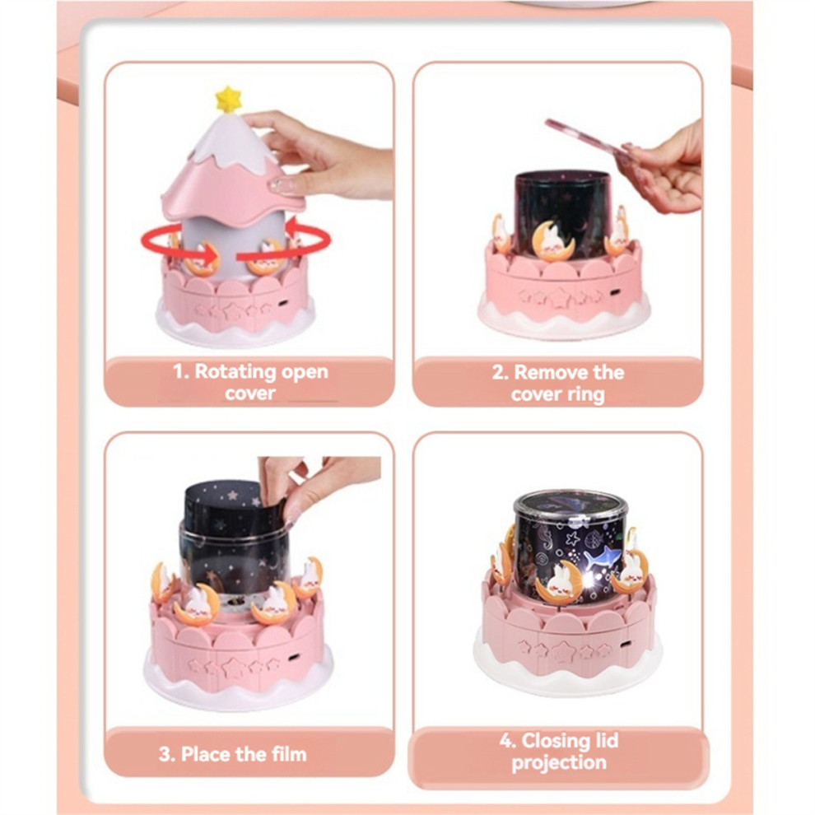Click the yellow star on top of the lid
(228, 100)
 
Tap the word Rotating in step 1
(235, 371)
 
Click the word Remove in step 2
(547, 372)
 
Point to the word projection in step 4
(559, 762)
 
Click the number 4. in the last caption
(507, 740)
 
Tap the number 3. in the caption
(167, 754)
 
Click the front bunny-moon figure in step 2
(554, 240)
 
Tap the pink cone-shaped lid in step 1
(232, 170)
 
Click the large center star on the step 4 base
(563, 650)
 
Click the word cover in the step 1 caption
(250, 394)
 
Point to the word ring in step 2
(586, 395)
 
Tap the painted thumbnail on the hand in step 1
(277, 184)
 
